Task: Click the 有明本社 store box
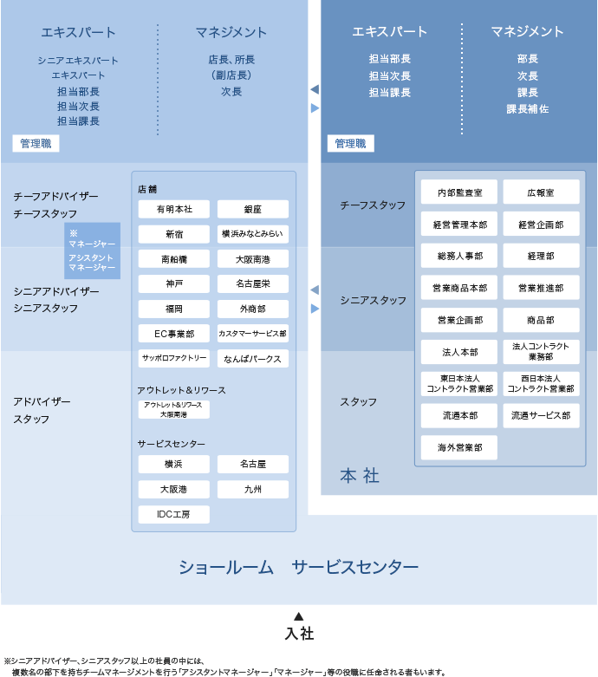(x=173, y=209)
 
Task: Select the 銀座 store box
(x=253, y=209)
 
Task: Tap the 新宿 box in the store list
(x=173, y=234)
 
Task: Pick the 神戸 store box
(x=173, y=283)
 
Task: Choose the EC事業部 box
(x=173, y=333)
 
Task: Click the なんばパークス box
(x=253, y=358)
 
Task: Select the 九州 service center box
(x=253, y=489)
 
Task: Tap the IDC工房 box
(x=173, y=514)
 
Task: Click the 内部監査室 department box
(x=459, y=192)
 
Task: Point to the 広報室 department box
(x=541, y=192)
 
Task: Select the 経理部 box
(x=541, y=256)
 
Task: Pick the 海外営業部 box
(x=459, y=447)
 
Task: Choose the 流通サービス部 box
(x=541, y=415)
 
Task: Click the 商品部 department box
(x=541, y=320)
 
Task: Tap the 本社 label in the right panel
(x=360, y=475)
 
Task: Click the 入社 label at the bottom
(x=298, y=634)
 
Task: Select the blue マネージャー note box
(x=92, y=251)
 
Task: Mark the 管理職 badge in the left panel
(x=36, y=144)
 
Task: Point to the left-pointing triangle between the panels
(x=315, y=290)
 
